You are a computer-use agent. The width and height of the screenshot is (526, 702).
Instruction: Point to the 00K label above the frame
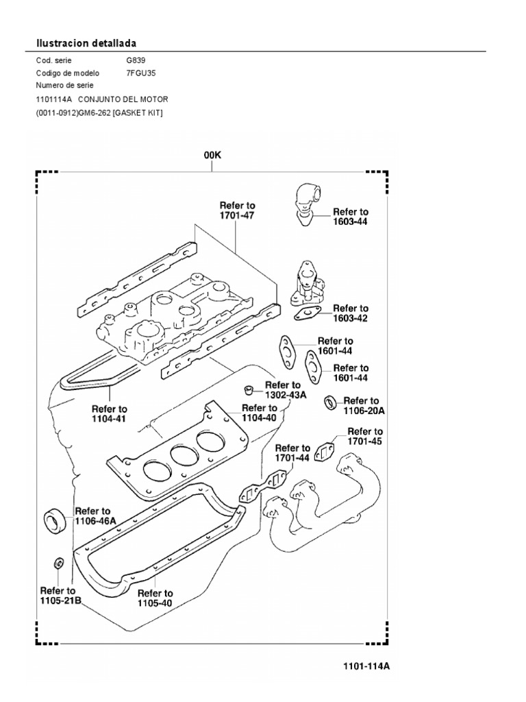click(x=212, y=156)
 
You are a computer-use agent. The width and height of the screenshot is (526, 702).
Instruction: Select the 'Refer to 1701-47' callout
click(x=237, y=210)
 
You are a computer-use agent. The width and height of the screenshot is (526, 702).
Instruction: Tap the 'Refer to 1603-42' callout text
click(x=350, y=313)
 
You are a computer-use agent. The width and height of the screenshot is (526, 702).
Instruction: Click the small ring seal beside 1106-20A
click(x=330, y=400)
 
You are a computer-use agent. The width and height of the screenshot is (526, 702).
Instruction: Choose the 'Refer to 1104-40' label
click(x=258, y=412)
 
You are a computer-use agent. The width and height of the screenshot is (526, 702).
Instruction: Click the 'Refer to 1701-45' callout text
click(x=364, y=436)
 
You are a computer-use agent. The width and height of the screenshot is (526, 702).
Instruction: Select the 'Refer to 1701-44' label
click(x=292, y=453)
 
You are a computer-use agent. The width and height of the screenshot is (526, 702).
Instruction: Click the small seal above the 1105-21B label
click(x=60, y=564)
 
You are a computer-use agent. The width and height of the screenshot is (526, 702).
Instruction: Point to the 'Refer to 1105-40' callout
click(x=155, y=598)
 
